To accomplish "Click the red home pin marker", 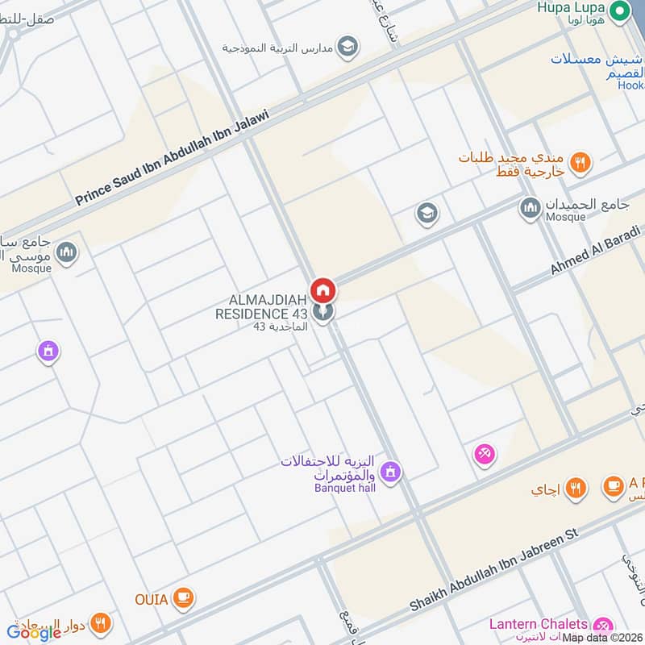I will [323, 289].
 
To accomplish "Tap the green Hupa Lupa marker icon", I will [620, 10].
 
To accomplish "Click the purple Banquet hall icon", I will [390, 472].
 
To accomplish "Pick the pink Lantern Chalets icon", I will [601, 625].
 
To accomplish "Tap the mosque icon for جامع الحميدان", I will [530, 208].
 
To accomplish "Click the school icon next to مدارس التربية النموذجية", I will [347, 44].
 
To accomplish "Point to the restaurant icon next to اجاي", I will [574, 488].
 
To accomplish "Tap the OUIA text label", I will [152, 599].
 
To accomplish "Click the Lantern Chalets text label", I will [538, 624].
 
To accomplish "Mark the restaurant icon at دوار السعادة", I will [101, 622].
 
